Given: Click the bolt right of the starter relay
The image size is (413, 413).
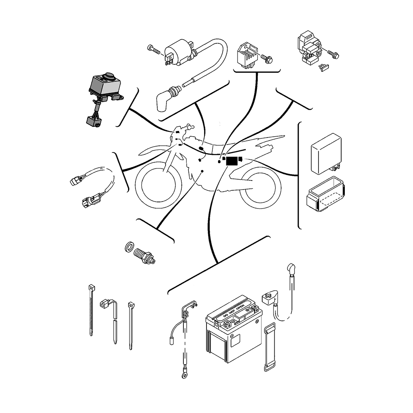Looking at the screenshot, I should [333, 53].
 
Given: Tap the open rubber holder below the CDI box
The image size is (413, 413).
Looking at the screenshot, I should [325, 195].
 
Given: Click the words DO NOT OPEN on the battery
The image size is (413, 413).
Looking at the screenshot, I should [235, 312].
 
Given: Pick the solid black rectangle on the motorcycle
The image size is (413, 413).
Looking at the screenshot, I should [232, 161].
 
